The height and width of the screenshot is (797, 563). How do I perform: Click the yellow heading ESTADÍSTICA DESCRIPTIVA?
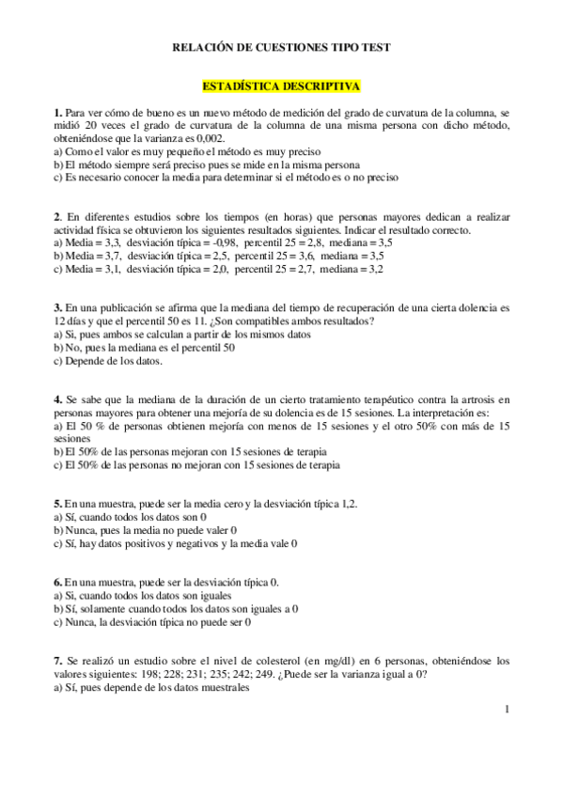click(x=281, y=86)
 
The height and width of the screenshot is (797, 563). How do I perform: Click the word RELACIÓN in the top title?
click(x=204, y=46)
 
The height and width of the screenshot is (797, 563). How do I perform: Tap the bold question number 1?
click(x=57, y=113)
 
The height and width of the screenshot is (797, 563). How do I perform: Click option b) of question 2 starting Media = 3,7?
click(x=218, y=255)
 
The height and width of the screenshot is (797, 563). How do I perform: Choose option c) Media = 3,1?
click(x=218, y=268)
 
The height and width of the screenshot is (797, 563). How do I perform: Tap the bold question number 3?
click(x=57, y=307)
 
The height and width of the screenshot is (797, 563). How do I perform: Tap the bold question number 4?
click(x=57, y=399)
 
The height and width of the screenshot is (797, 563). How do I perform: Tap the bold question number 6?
click(x=57, y=583)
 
